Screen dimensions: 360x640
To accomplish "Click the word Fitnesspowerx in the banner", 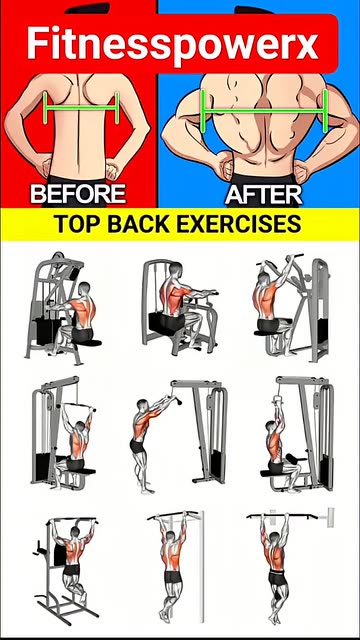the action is pyautogui.click(x=172, y=42).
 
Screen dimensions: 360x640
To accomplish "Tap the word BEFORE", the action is pyautogui.click(x=78, y=194).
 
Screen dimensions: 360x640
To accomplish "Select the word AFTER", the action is pyautogui.click(x=264, y=194).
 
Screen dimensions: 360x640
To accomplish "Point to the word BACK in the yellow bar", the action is pyautogui.click(x=138, y=224).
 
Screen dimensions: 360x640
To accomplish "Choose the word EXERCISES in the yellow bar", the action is pyautogui.click(x=240, y=224).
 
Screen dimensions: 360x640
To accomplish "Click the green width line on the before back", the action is pyautogui.click(x=81, y=108).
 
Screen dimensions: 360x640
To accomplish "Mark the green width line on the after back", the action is pyautogui.click(x=264, y=110).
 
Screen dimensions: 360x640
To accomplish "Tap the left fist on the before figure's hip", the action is pyautogui.click(x=46, y=168).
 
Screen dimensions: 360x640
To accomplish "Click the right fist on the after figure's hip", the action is pyautogui.click(x=301, y=171).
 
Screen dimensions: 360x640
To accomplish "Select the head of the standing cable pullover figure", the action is pyautogui.click(x=142, y=404).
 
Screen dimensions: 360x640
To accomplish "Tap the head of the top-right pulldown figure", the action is pyautogui.click(x=264, y=279).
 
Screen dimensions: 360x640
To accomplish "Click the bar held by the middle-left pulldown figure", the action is pyautogui.click(x=78, y=407).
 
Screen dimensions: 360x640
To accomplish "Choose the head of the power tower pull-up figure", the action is pyautogui.click(x=75, y=532).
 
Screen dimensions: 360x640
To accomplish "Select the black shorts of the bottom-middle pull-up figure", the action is pyautogui.click(x=173, y=577).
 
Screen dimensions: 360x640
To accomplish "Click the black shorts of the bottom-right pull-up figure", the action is pyautogui.click(x=278, y=578).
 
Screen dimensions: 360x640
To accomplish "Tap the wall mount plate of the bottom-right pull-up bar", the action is pyautogui.click(x=330, y=517).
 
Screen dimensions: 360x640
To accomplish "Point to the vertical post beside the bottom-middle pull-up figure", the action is pyautogui.click(x=201, y=567).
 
